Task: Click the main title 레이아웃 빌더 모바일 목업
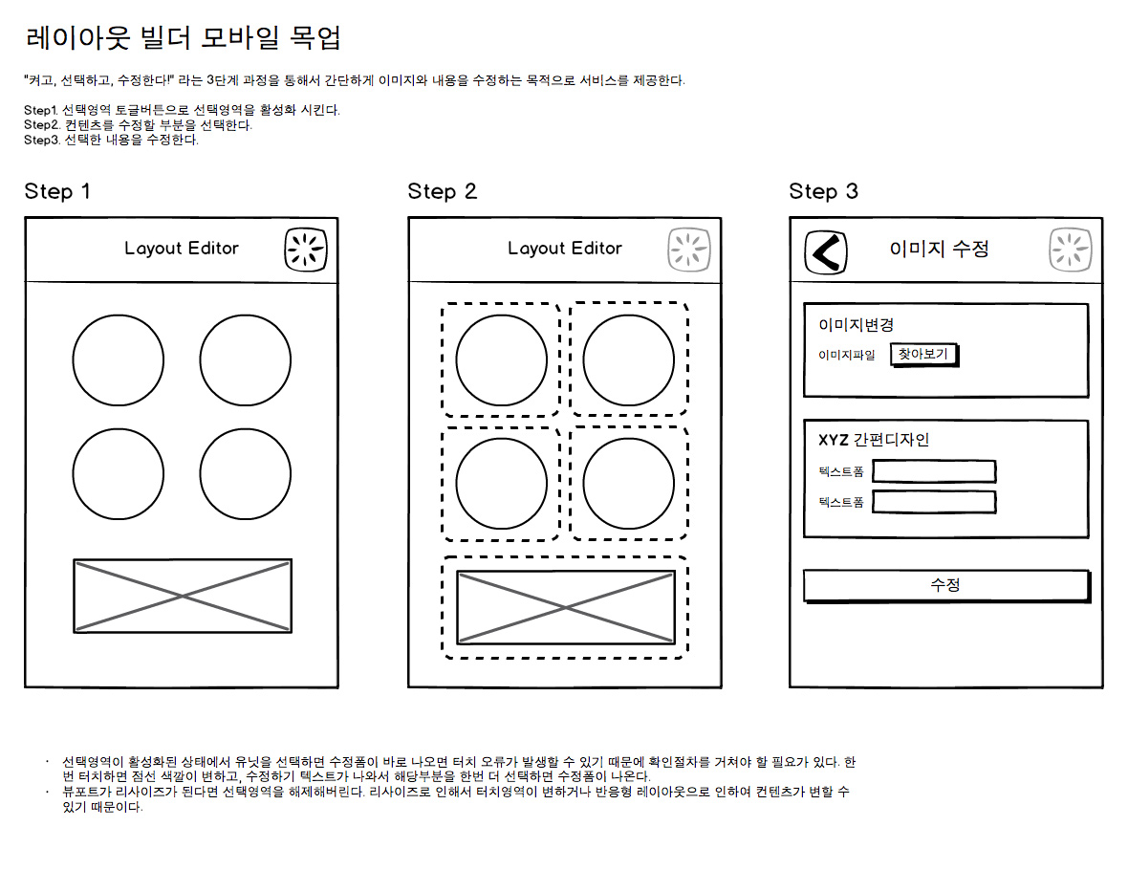(183, 38)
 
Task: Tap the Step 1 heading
(57, 191)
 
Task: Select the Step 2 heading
(442, 191)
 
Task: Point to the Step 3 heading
(823, 191)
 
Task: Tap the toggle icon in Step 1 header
(306, 250)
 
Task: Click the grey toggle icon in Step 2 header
(688, 250)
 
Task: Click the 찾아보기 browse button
(923, 355)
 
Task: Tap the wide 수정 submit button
(945, 585)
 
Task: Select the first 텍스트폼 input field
(934, 471)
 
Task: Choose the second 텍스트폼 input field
(934, 502)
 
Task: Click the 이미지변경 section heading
(856, 325)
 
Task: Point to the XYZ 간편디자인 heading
(874, 440)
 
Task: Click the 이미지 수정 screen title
(939, 250)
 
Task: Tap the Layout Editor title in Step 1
(182, 249)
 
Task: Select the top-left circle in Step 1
(118, 359)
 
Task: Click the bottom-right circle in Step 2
(628, 483)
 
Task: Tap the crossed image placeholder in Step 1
(183, 596)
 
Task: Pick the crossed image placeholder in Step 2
(565, 607)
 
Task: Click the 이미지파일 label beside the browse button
(846, 356)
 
